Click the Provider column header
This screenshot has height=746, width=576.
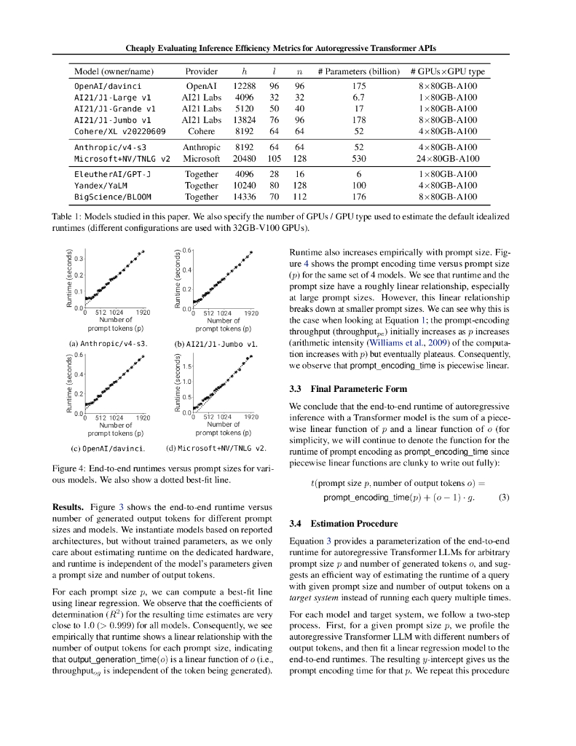click(201, 71)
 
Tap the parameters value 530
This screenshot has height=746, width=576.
click(359, 158)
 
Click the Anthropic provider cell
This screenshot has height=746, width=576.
click(201, 147)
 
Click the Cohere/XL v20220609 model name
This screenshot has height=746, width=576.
click(120, 131)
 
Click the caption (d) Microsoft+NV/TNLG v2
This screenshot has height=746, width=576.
click(216, 447)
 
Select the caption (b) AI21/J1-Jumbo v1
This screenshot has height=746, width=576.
click(216, 342)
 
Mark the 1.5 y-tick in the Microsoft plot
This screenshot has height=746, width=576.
click(186, 366)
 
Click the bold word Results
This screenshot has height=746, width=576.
click(68, 506)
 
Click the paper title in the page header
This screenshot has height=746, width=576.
click(280, 47)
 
